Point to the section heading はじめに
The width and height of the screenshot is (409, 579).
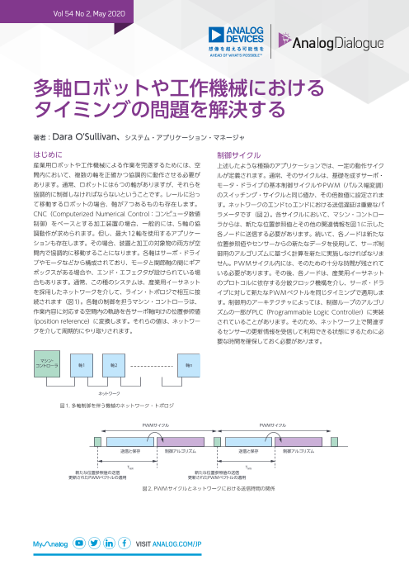coord(71,154)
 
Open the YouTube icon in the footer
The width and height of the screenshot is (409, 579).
coord(79,544)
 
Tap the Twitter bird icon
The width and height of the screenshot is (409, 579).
coord(95,544)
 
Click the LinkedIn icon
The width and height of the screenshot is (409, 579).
coord(110,544)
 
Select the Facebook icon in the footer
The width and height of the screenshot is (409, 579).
coord(125,544)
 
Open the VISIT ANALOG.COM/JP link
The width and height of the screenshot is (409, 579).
coord(168,544)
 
